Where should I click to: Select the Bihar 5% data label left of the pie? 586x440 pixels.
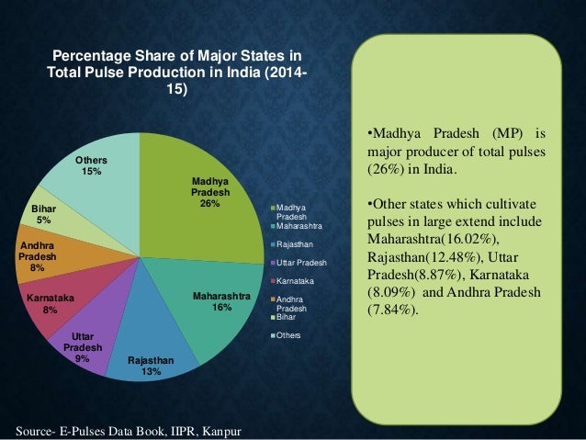[x=44, y=214]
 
